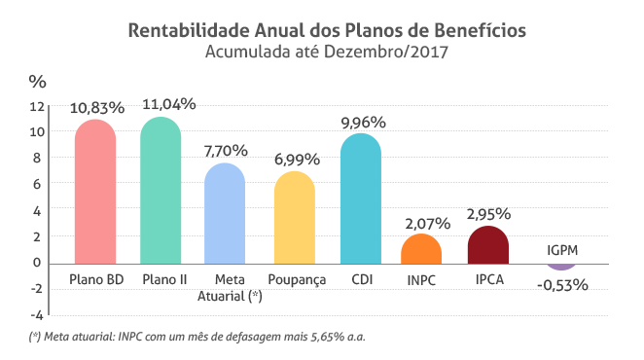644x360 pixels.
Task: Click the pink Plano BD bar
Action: (95, 192)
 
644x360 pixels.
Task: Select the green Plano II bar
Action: (161, 191)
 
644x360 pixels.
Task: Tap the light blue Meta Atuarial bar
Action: (225, 213)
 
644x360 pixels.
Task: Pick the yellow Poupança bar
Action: (295, 217)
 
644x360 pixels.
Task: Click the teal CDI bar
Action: (361, 198)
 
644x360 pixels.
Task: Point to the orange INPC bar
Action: (421, 249)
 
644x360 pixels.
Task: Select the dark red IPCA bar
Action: (488, 245)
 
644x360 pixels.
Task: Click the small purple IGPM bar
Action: (561, 268)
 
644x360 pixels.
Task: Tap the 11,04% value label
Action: (169, 104)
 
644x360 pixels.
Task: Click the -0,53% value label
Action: (562, 285)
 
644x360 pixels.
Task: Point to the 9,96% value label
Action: (364, 123)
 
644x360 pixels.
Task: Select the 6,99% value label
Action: (297, 160)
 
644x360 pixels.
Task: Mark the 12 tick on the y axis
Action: (37, 106)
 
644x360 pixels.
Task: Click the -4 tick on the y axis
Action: (37, 315)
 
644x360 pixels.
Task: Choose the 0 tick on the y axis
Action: (37, 262)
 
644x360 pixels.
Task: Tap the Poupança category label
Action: (297, 280)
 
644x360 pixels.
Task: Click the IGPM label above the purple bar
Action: (562, 250)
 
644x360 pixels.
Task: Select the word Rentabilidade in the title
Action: (189, 30)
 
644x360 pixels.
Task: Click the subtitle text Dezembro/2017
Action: (385, 52)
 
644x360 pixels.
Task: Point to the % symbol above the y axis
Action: (37, 82)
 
